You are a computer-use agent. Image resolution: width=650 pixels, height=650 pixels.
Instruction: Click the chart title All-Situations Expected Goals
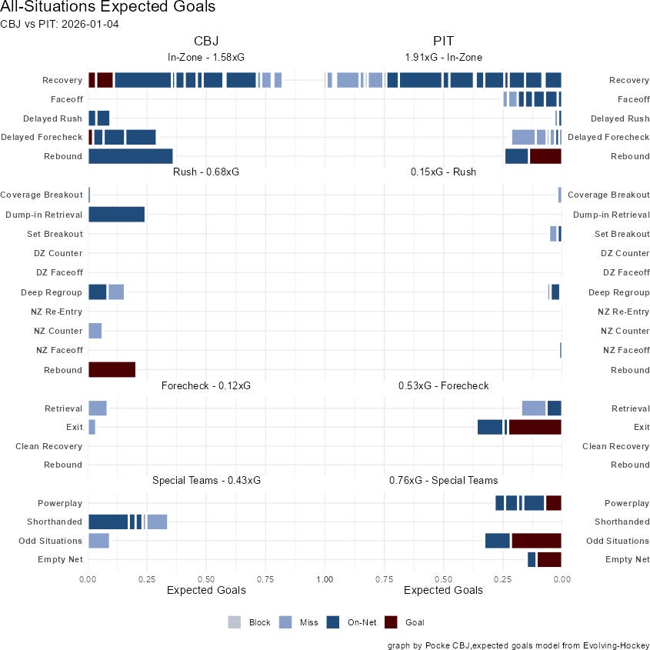(x=108, y=8)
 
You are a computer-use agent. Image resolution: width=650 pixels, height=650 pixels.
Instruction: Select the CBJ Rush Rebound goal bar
(x=112, y=370)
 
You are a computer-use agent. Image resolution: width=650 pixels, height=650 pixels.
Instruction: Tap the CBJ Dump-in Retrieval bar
(x=116, y=215)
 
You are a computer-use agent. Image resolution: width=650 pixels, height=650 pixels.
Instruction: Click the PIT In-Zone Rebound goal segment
(x=545, y=156)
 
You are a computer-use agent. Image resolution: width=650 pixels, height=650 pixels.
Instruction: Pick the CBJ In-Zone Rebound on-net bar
(x=130, y=156)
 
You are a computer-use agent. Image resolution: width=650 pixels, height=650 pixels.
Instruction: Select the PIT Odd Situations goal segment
(x=536, y=541)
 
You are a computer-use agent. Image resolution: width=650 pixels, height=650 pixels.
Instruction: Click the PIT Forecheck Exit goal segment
(x=535, y=427)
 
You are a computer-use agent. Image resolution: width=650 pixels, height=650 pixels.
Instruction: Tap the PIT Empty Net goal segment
(x=549, y=559)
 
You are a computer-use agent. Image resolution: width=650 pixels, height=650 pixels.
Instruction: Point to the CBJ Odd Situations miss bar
(x=98, y=541)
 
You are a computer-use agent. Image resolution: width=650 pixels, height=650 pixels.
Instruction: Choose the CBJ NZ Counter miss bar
(x=95, y=331)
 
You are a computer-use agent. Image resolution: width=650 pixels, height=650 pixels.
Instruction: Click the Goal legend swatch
(x=392, y=622)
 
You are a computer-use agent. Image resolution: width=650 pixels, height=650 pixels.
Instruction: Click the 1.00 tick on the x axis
(x=325, y=577)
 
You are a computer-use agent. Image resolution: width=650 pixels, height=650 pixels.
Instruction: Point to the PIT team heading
(x=443, y=41)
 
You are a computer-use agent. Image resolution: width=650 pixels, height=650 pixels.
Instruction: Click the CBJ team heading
(x=206, y=41)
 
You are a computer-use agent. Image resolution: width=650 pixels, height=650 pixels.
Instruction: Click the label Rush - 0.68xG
(x=206, y=172)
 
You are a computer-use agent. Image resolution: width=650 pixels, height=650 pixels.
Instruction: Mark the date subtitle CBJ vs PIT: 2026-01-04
(x=59, y=24)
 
